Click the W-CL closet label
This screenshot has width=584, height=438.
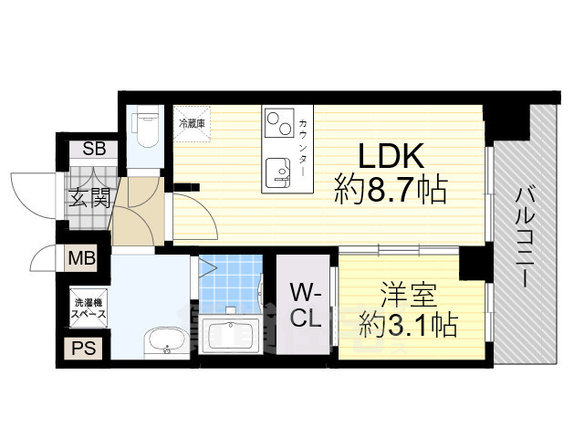tap(306, 308)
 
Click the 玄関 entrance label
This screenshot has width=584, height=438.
tap(89, 196)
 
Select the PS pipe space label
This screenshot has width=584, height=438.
tap(81, 348)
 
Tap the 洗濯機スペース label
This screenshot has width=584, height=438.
tap(89, 308)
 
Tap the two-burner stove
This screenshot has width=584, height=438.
tap(276, 122)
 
